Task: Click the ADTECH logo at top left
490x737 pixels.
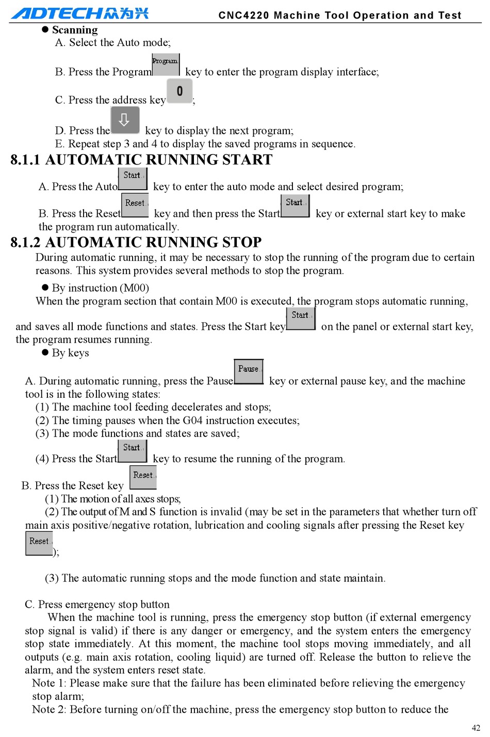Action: pyautogui.click(x=80, y=12)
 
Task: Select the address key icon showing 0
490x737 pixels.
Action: pyautogui.click(x=179, y=91)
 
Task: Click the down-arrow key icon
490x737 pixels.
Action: pyautogui.click(x=124, y=120)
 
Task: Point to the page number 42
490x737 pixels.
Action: pyautogui.click(x=476, y=728)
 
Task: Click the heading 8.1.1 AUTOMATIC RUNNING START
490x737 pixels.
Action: pyautogui.click(x=141, y=160)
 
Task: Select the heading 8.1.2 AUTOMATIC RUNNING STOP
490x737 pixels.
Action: pyautogui.click(x=136, y=242)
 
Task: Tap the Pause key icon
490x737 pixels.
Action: pyautogui.click(x=249, y=371)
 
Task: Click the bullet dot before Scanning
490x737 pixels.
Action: pyautogui.click(x=45, y=30)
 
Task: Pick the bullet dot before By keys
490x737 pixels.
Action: pyautogui.click(x=45, y=353)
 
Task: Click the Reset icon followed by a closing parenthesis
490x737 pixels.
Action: pyautogui.click(x=39, y=543)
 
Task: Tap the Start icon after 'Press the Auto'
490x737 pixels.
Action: pyautogui.click(x=133, y=178)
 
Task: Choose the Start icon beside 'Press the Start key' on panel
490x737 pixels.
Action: pyautogui.click(x=300, y=317)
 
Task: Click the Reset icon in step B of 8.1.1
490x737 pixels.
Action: pyautogui.click(x=135, y=205)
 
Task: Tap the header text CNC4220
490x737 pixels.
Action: pyautogui.click(x=244, y=15)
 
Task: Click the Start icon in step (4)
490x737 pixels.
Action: pyautogui.click(x=132, y=450)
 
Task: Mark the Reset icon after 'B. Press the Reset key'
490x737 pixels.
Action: pyautogui.click(x=143, y=477)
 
